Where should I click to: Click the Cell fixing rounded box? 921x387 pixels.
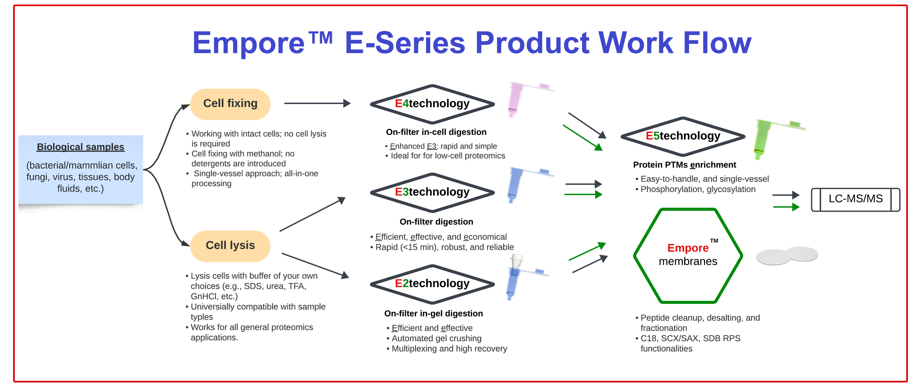point(230,104)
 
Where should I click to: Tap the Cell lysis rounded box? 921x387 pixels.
point(230,246)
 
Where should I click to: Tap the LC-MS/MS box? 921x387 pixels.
point(855,199)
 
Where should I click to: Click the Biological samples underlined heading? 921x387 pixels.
point(80,147)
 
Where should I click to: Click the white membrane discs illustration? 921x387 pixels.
point(787,256)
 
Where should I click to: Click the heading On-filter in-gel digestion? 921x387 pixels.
point(433,314)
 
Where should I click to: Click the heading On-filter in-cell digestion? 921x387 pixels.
point(436,132)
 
